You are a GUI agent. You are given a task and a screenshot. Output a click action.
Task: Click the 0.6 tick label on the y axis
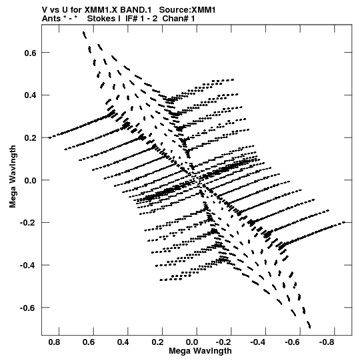click(31, 53)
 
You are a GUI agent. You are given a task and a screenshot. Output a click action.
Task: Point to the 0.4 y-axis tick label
click(31, 95)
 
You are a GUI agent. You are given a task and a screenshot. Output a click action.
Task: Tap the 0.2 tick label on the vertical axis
click(31, 138)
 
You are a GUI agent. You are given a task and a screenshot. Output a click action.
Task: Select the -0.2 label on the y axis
click(28, 223)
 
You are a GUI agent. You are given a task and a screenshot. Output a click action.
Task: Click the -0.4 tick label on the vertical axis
click(28, 266)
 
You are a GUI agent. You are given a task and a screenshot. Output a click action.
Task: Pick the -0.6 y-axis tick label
click(28, 308)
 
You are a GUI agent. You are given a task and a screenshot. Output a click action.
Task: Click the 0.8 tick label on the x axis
click(54, 342)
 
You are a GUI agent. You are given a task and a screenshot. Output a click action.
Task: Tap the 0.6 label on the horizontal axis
click(89, 342)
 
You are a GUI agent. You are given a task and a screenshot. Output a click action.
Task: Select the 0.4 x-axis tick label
click(123, 342)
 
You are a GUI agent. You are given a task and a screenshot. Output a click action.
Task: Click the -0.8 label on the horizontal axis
click(327, 342)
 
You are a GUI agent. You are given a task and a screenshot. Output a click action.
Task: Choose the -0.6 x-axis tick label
click(293, 342)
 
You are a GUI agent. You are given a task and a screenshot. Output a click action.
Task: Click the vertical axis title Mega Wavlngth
click(13, 177)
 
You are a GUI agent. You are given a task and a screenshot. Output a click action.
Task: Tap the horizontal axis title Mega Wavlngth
click(200, 351)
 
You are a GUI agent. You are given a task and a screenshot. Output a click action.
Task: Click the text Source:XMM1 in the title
click(187, 10)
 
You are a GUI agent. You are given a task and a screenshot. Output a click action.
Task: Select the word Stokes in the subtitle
click(103, 19)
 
